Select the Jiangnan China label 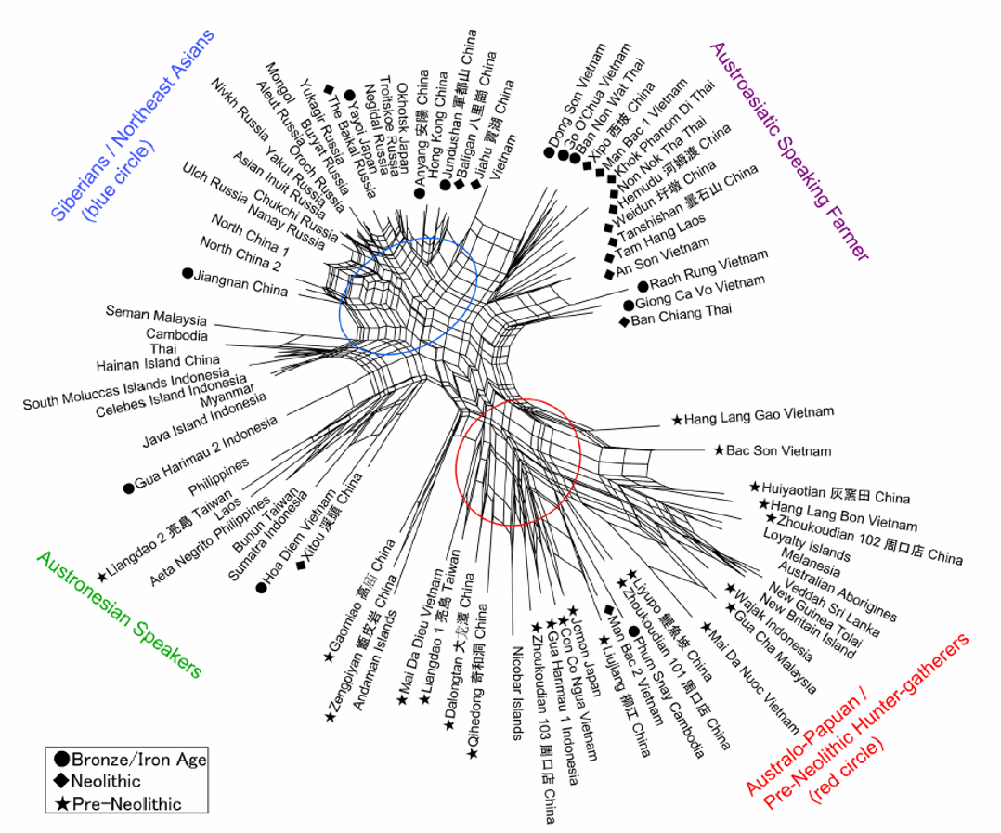[x=242, y=281]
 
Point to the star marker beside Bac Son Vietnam [x=719, y=450]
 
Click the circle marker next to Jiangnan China [x=188, y=273]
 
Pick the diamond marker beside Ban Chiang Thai [x=624, y=321]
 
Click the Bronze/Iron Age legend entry [x=138, y=760]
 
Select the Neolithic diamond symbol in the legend [x=60, y=781]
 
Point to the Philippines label [x=218, y=475]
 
